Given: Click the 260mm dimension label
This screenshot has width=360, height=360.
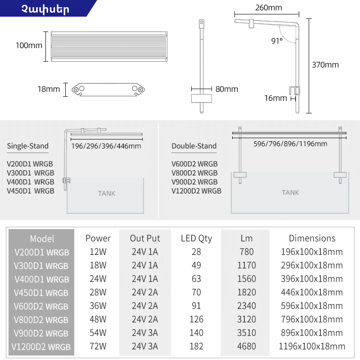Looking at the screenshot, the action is (269, 8).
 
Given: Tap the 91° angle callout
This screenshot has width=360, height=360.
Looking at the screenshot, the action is (277, 40).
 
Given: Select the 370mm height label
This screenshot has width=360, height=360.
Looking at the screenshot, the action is (325, 65).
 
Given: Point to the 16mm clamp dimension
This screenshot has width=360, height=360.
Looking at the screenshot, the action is (275, 98).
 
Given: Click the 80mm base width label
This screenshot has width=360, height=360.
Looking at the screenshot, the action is (227, 89).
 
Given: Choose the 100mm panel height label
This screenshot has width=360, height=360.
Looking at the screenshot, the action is (29, 45).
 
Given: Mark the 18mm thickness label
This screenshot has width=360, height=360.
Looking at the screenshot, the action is (49, 89).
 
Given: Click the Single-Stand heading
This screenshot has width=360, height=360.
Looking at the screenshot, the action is (28, 146).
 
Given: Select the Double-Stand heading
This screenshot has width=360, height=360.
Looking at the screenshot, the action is (194, 146).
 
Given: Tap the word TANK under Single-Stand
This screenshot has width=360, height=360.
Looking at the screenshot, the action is (107, 193).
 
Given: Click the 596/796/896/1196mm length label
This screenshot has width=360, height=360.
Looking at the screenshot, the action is (290, 144).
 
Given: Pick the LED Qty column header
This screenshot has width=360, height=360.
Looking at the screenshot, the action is (197, 238).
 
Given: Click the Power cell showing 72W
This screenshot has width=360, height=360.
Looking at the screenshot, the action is (98, 346).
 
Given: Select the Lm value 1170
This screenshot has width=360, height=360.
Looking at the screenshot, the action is (247, 265).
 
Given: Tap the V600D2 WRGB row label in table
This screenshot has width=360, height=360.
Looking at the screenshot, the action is (41, 306).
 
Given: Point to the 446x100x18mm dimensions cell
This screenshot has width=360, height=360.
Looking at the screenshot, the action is (312, 292).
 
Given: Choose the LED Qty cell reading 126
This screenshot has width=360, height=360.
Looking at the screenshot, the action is (197, 319).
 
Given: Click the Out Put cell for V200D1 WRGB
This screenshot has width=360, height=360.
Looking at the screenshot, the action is (145, 252).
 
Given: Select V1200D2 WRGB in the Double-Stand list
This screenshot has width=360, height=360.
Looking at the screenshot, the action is (197, 191).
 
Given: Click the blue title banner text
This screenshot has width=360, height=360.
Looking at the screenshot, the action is (45, 9).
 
